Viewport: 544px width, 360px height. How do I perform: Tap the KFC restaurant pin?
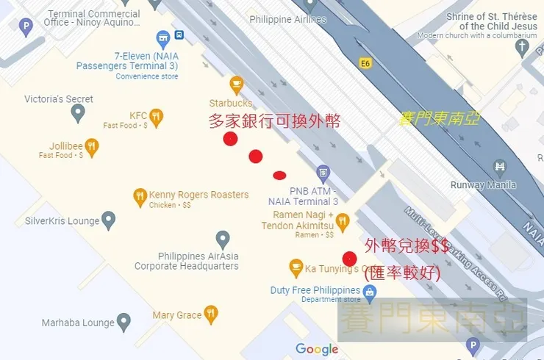click(156, 118)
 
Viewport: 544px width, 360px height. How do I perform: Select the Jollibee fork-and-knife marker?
click(92, 147)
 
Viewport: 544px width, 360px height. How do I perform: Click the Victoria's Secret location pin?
click(78, 112)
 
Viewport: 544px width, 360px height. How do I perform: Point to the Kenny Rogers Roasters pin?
click(140, 196)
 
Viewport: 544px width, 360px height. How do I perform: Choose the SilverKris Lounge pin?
click(109, 220)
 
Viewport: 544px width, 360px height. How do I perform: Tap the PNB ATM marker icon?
click(323, 174)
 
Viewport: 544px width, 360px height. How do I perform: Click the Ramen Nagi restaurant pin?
click(343, 221)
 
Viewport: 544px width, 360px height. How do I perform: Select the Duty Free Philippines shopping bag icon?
click(370, 292)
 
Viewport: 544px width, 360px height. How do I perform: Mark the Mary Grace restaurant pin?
click(211, 314)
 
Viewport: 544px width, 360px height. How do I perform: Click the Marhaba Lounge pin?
click(124, 322)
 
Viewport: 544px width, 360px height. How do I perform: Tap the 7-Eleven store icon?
click(163, 39)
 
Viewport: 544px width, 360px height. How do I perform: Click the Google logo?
click(317, 349)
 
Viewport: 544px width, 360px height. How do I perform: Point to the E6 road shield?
click(365, 64)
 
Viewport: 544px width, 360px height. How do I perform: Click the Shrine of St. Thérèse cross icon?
click(523, 48)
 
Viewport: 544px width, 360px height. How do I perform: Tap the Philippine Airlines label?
click(287, 19)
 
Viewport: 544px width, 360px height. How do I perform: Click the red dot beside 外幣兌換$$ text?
click(350, 259)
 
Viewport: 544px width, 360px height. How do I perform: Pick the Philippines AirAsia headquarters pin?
click(223, 239)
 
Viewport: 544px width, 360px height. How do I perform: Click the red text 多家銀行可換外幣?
click(275, 122)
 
